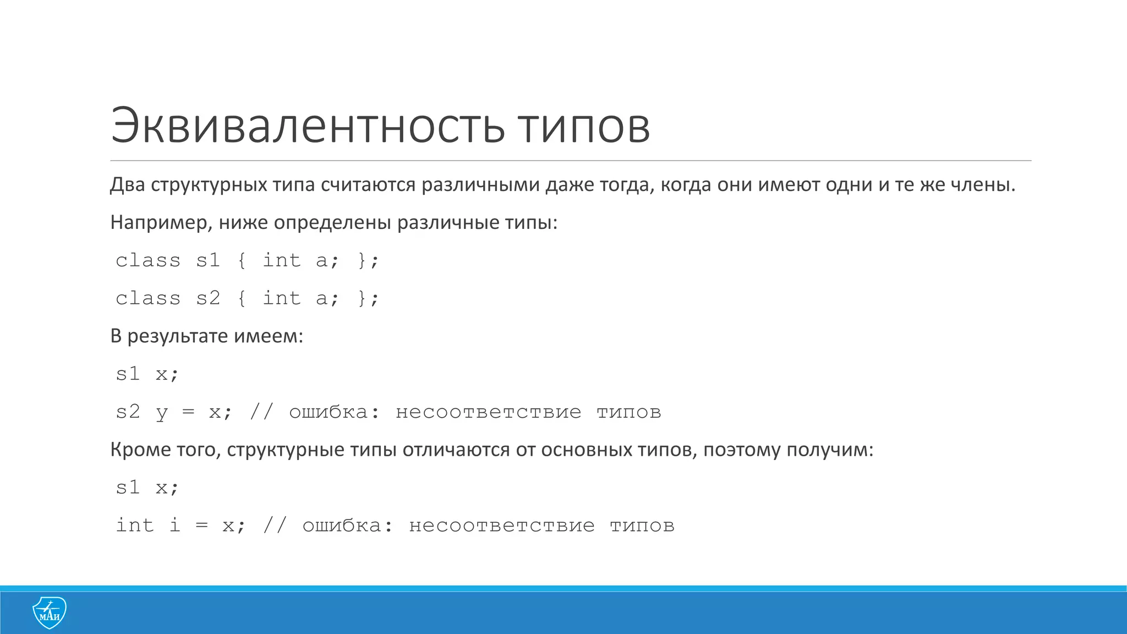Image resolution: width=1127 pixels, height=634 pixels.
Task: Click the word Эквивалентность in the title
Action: click(307, 126)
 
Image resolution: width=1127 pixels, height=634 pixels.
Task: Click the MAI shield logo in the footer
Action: click(50, 612)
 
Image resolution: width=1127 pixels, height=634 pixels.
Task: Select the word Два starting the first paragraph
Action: click(127, 185)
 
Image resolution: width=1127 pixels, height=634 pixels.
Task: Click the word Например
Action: click(161, 223)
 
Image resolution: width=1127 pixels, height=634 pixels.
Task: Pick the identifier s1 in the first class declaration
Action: click(208, 260)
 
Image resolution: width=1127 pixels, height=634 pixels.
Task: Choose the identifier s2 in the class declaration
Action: click(208, 298)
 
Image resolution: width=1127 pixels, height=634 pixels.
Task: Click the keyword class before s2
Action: click(148, 298)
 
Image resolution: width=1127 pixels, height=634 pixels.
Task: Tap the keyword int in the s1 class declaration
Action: click(281, 260)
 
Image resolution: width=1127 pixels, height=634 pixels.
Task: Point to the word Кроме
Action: click(140, 450)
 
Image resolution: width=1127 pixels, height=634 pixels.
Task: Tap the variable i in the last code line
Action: click(175, 525)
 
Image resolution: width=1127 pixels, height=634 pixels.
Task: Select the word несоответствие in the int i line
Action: click(502, 526)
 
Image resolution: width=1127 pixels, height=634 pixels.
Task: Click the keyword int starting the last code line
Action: click(135, 525)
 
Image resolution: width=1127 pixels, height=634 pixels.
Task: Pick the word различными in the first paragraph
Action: click(480, 185)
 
